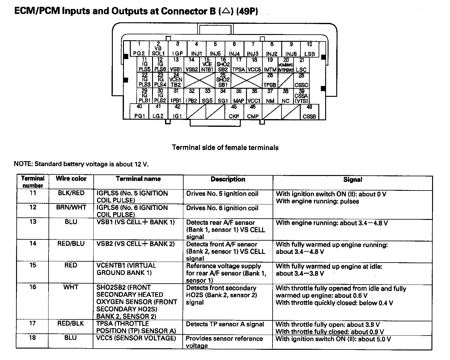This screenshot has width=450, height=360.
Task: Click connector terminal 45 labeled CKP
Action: (234, 112)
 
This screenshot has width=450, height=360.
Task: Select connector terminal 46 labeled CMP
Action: (253, 112)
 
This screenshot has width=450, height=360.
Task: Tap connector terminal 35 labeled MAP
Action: (239, 96)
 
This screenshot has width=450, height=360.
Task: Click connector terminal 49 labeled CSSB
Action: (309, 112)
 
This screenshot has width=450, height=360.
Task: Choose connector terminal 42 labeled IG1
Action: (177, 112)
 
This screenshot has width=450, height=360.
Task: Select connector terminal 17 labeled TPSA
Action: (239, 65)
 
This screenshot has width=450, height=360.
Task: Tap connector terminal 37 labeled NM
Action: (270, 96)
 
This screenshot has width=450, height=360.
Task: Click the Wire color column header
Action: (71, 179)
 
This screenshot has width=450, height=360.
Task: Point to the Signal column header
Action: (353, 180)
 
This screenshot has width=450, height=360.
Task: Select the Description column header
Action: (228, 179)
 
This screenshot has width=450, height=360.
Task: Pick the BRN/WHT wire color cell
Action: (71, 208)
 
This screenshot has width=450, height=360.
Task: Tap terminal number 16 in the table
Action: (33, 287)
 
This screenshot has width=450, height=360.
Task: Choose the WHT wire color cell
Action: (70, 287)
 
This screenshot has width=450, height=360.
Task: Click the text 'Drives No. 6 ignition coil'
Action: (222, 208)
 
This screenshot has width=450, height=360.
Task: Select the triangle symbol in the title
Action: (226, 11)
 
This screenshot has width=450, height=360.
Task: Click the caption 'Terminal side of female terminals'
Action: (225, 148)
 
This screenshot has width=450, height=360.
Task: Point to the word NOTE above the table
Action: (23, 164)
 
